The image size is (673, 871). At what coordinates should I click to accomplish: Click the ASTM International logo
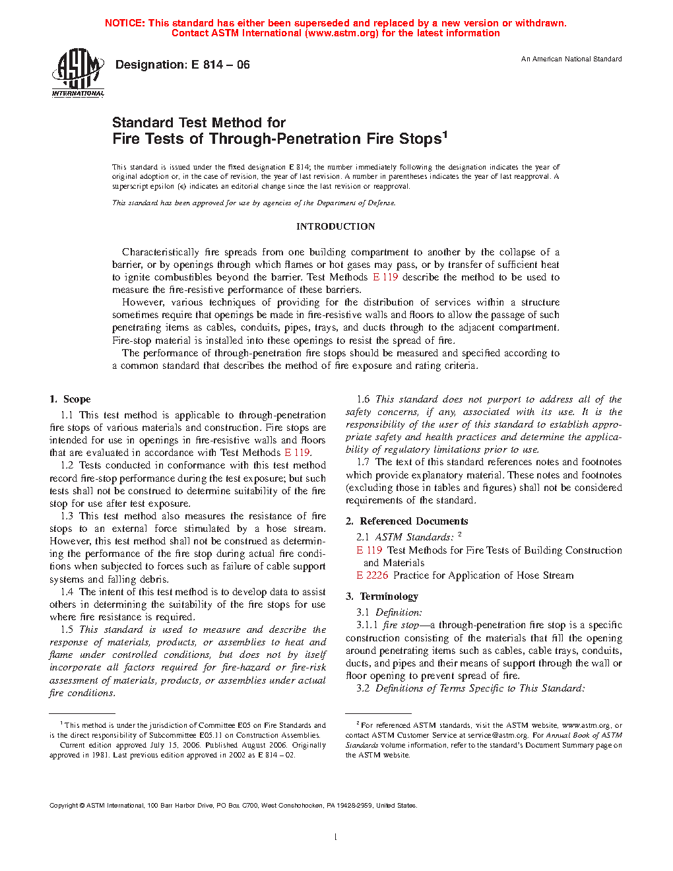tap(78, 73)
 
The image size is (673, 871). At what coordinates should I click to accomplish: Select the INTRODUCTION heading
tap(335, 226)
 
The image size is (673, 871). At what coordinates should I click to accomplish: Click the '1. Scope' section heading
tap(70, 399)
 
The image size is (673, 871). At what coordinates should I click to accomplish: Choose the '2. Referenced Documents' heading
tap(406, 521)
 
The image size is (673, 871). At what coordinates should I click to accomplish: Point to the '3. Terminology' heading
tap(382, 597)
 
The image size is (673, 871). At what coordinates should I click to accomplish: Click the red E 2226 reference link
tap(372, 575)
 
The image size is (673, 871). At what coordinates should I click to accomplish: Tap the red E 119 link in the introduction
tap(385, 277)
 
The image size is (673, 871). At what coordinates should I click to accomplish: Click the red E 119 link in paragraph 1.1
tap(297, 453)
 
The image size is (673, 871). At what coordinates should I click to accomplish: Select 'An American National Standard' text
tap(571, 59)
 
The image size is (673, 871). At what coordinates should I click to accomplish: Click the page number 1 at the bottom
tap(336, 837)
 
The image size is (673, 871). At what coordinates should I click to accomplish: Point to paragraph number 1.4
tap(67, 592)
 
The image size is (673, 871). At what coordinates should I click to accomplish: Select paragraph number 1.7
tap(363, 462)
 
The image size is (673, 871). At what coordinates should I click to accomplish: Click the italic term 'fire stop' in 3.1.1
tap(401, 625)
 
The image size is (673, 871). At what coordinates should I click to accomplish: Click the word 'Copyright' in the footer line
tap(64, 806)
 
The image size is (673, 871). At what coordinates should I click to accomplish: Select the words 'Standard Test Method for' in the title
tap(199, 123)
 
